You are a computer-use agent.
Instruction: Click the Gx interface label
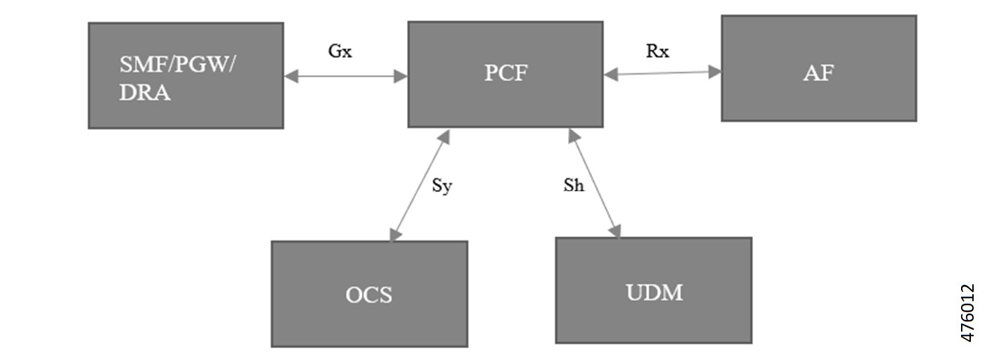(340, 52)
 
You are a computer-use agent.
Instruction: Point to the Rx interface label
(657, 51)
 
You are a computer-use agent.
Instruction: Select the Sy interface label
(442, 187)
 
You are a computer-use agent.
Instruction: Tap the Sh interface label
(574, 187)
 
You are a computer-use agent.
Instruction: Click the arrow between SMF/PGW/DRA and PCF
(345, 76)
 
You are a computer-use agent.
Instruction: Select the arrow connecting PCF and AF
(662, 72)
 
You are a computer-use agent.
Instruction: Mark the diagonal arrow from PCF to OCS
(420, 184)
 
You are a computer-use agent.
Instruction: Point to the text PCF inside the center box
(505, 73)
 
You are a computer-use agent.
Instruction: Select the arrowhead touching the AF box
(716, 71)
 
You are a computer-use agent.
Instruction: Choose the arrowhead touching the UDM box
(617, 232)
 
